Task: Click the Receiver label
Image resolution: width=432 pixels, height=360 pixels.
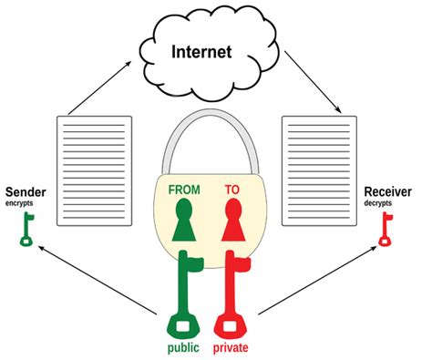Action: point(387,192)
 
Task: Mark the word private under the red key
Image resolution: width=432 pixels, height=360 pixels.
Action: point(233,349)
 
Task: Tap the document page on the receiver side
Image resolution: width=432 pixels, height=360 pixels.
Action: point(314,170)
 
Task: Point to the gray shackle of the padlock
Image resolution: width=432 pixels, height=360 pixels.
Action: point(211,128)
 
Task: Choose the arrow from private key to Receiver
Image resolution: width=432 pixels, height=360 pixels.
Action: point(319,283)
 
